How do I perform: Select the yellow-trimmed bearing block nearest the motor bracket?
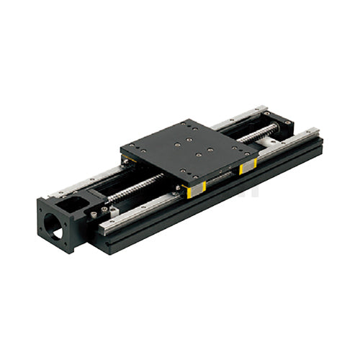(194, 189)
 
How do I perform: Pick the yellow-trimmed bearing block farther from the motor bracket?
(246, 167)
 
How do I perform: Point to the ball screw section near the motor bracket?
(137, 189)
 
